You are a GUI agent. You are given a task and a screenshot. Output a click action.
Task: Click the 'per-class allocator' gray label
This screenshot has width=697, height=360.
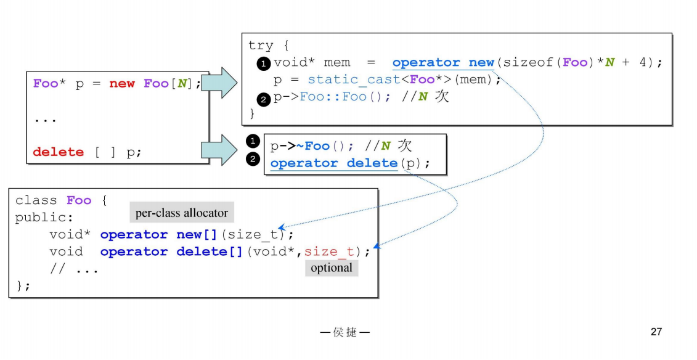coord(182,213)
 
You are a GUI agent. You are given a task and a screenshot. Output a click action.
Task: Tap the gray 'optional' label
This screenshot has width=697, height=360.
coord(332,268)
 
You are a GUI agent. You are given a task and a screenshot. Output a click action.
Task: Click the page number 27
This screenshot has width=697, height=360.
coord(656,332)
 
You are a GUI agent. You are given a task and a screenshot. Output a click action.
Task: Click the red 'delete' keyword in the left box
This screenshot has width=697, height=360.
coord(58,152)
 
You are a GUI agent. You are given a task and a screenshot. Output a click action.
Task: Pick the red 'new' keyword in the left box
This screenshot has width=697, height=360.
coord(122,84)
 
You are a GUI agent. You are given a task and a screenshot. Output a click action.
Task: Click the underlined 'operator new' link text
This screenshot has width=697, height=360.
coord(443,63)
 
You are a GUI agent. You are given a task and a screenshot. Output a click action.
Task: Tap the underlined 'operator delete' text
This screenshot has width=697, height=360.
coord(333,163)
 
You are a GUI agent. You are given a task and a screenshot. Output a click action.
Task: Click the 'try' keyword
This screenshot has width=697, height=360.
coord(261,46)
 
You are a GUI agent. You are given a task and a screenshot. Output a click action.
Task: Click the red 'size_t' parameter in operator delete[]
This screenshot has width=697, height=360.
coord(329,252)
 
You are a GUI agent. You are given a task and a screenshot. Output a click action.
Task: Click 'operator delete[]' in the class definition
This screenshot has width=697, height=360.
coord(171,252)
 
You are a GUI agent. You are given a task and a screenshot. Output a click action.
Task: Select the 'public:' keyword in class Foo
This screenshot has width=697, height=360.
coord(44,218)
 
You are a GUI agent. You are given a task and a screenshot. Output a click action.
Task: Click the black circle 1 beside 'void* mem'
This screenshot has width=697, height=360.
coord(264,63)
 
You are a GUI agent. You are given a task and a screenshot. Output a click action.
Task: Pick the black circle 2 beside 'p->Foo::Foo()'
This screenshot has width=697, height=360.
coord(264,98)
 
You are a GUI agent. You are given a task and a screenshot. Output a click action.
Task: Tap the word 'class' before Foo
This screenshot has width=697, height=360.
coord(36,201)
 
